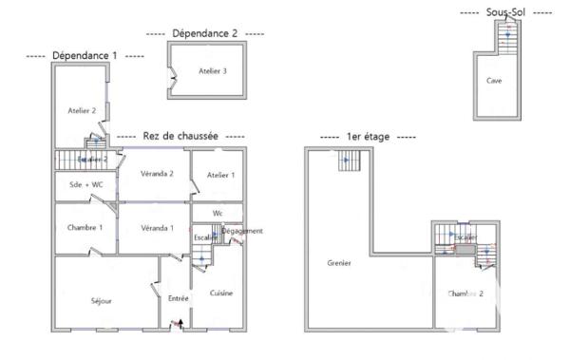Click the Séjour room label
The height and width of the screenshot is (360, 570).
click(101, 300)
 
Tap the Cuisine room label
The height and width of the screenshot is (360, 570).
click(221, 293)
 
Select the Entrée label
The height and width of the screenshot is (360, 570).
click(178, 298)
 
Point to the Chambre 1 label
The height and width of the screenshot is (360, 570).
click(85, 228)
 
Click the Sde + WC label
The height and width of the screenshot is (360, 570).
click(85, 183)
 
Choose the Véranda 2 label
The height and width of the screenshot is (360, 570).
click(157, 174)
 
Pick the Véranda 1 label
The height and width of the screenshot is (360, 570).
click(157, 228)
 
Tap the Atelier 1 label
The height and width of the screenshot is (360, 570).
click(220, 175)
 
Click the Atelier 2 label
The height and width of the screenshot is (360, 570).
click(83, 111)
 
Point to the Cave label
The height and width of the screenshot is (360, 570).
click(494, 81)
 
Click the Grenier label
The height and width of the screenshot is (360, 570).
click(339, 262)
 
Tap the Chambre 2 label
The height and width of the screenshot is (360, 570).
click(465, 294)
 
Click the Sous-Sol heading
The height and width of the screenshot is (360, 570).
click(505, 12)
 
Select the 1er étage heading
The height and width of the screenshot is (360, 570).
click(368, 138)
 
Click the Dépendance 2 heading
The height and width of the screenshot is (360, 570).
click(205, 32)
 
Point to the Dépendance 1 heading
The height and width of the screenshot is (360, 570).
click(85, 56)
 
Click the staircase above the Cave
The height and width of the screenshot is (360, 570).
click(506, 39)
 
